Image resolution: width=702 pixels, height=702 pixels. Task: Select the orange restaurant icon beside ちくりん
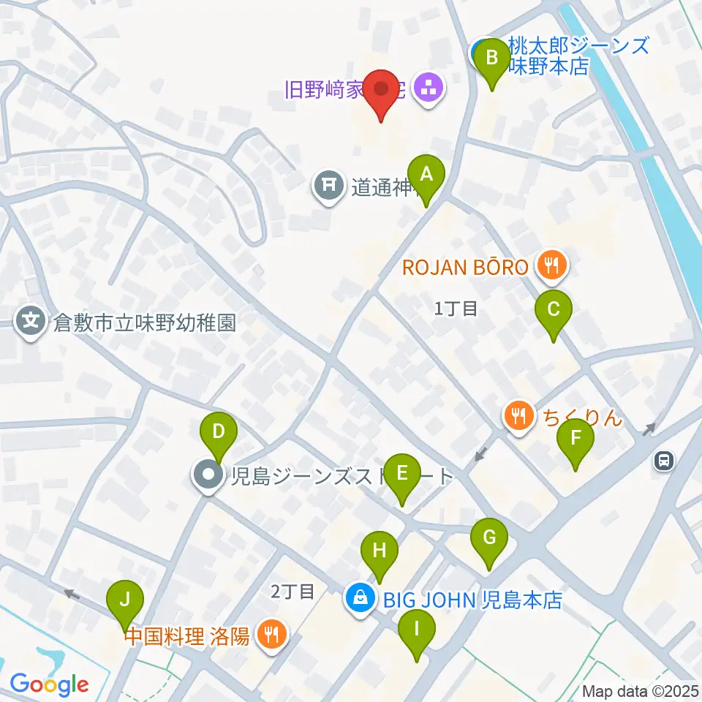coord(518,418)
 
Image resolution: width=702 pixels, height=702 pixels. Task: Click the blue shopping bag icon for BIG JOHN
coord(360,600)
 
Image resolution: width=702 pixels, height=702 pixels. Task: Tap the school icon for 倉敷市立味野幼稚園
coord(31,322)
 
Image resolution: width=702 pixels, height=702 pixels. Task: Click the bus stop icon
coord(664,461)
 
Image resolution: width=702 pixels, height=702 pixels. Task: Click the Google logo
coord(49,684)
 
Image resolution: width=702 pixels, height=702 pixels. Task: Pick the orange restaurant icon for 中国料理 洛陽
coord(272,634)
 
